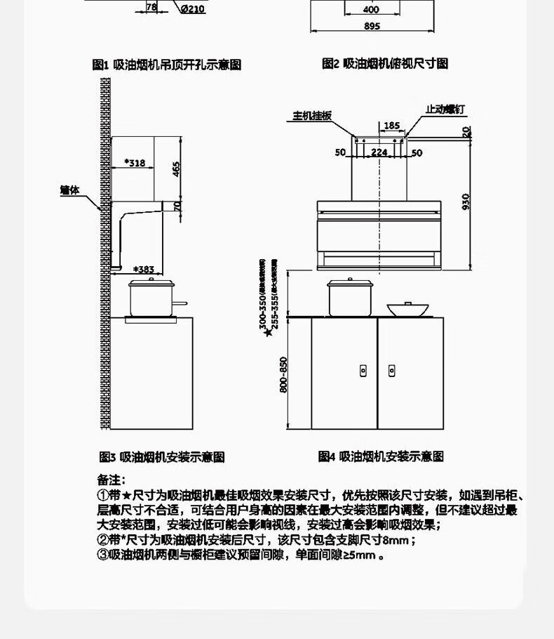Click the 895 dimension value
tap(372, 27)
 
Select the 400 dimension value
tap(372, 10)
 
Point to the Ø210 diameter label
tap(192, 9)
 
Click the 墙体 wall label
tap(70, 190)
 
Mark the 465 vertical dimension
tap(177, 169)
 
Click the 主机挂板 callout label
tap(312, 117)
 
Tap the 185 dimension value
tap(391, 126)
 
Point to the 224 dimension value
tap(379, 152)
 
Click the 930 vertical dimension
tap(466, 202)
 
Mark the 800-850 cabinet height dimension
tap(283, 375)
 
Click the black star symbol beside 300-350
tap(267, 333)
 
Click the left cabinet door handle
tap(363, 369)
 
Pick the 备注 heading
tap(109, 479)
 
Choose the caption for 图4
tap(381, 456)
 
